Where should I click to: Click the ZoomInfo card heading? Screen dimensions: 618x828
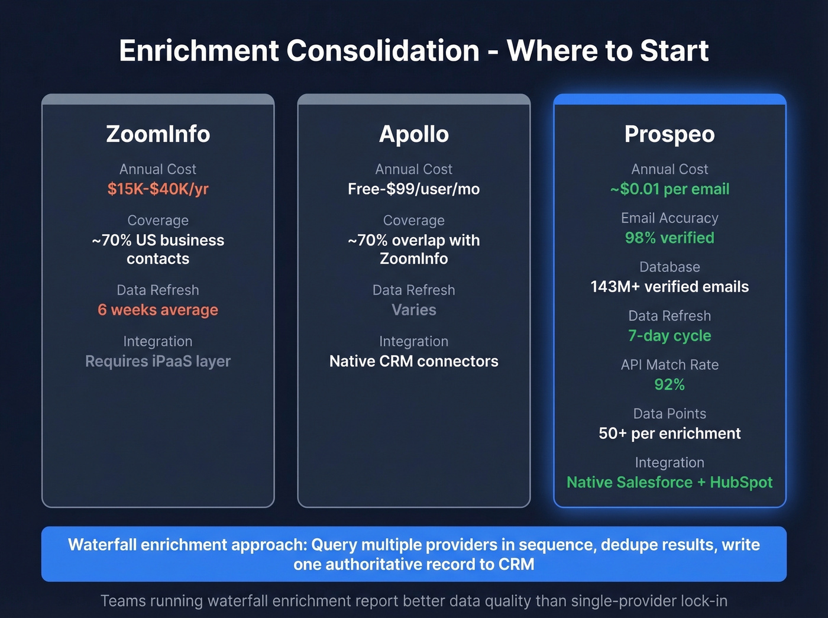point(158,134)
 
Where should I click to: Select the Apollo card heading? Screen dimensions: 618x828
point(413,134)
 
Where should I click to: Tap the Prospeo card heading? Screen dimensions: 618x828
point(669,134)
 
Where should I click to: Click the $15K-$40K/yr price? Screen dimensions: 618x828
point(158,189)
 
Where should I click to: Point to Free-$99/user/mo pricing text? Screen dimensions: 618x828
point(413,189)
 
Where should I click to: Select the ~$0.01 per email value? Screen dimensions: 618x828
point(669,189)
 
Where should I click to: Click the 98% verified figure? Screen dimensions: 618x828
point(669,238)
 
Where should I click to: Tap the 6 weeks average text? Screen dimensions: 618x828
point(158,310)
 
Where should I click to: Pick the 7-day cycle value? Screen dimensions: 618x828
point(669,336)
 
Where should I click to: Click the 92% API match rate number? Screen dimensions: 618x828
point(669,385)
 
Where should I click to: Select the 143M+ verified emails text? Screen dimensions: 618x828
point(669,287)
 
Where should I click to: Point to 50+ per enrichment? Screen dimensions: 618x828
point(669,433)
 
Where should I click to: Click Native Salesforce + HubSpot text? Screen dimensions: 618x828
point(669,483)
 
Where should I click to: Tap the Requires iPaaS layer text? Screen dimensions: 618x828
point(158,361)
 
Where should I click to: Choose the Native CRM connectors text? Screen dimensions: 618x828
point(413,361)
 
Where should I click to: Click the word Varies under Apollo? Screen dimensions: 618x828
point(413,310)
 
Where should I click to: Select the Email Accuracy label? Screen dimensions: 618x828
point(669,218)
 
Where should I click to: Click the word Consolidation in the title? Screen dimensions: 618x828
point(383,51)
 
